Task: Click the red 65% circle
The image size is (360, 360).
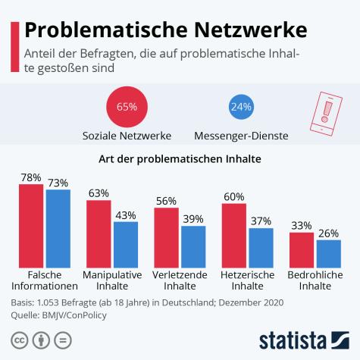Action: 127,107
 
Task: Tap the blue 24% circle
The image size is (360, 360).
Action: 240,107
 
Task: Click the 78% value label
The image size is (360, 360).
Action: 31,177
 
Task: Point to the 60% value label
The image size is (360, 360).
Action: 234,196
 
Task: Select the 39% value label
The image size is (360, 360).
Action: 193,218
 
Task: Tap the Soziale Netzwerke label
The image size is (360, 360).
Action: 127,136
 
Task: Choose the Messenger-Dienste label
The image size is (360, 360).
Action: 240,136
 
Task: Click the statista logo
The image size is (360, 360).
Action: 304,339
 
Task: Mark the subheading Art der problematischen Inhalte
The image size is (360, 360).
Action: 180,160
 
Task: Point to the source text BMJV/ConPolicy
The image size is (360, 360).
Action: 74,315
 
